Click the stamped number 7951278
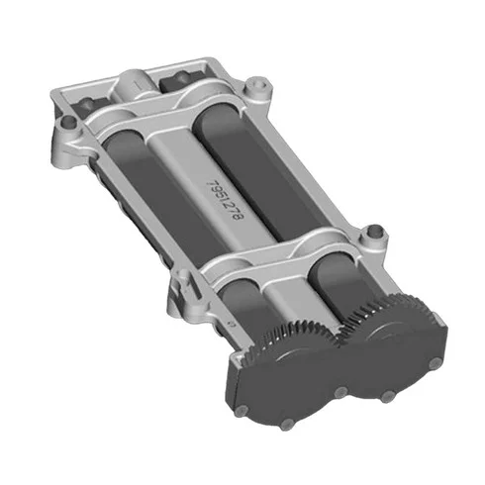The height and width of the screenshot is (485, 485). tap(225, 200)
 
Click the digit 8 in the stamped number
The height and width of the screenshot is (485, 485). tap(239, 216)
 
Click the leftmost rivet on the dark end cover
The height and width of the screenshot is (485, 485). tap(242, 411)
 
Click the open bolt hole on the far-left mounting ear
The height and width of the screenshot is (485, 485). tap(68, 122)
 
